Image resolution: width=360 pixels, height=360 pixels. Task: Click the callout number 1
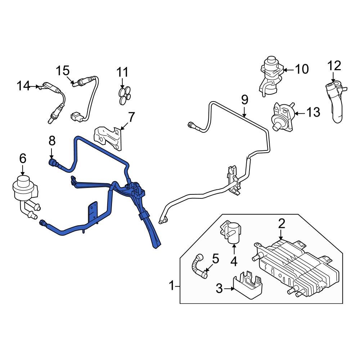click(172, 286)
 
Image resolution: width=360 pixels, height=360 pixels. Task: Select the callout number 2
click(281, 224)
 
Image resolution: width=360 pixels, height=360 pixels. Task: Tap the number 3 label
click(219, 288)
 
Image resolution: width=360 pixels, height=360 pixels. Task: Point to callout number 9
click(244, 99)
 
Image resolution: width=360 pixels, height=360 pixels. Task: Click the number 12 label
click(334, 66)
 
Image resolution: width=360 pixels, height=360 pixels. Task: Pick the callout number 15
click(63, 71)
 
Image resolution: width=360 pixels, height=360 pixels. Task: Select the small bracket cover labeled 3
click(248, 284)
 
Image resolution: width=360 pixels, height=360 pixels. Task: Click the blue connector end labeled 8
click(53, 163)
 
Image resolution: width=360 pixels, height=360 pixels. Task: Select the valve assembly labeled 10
click(269, 74)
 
